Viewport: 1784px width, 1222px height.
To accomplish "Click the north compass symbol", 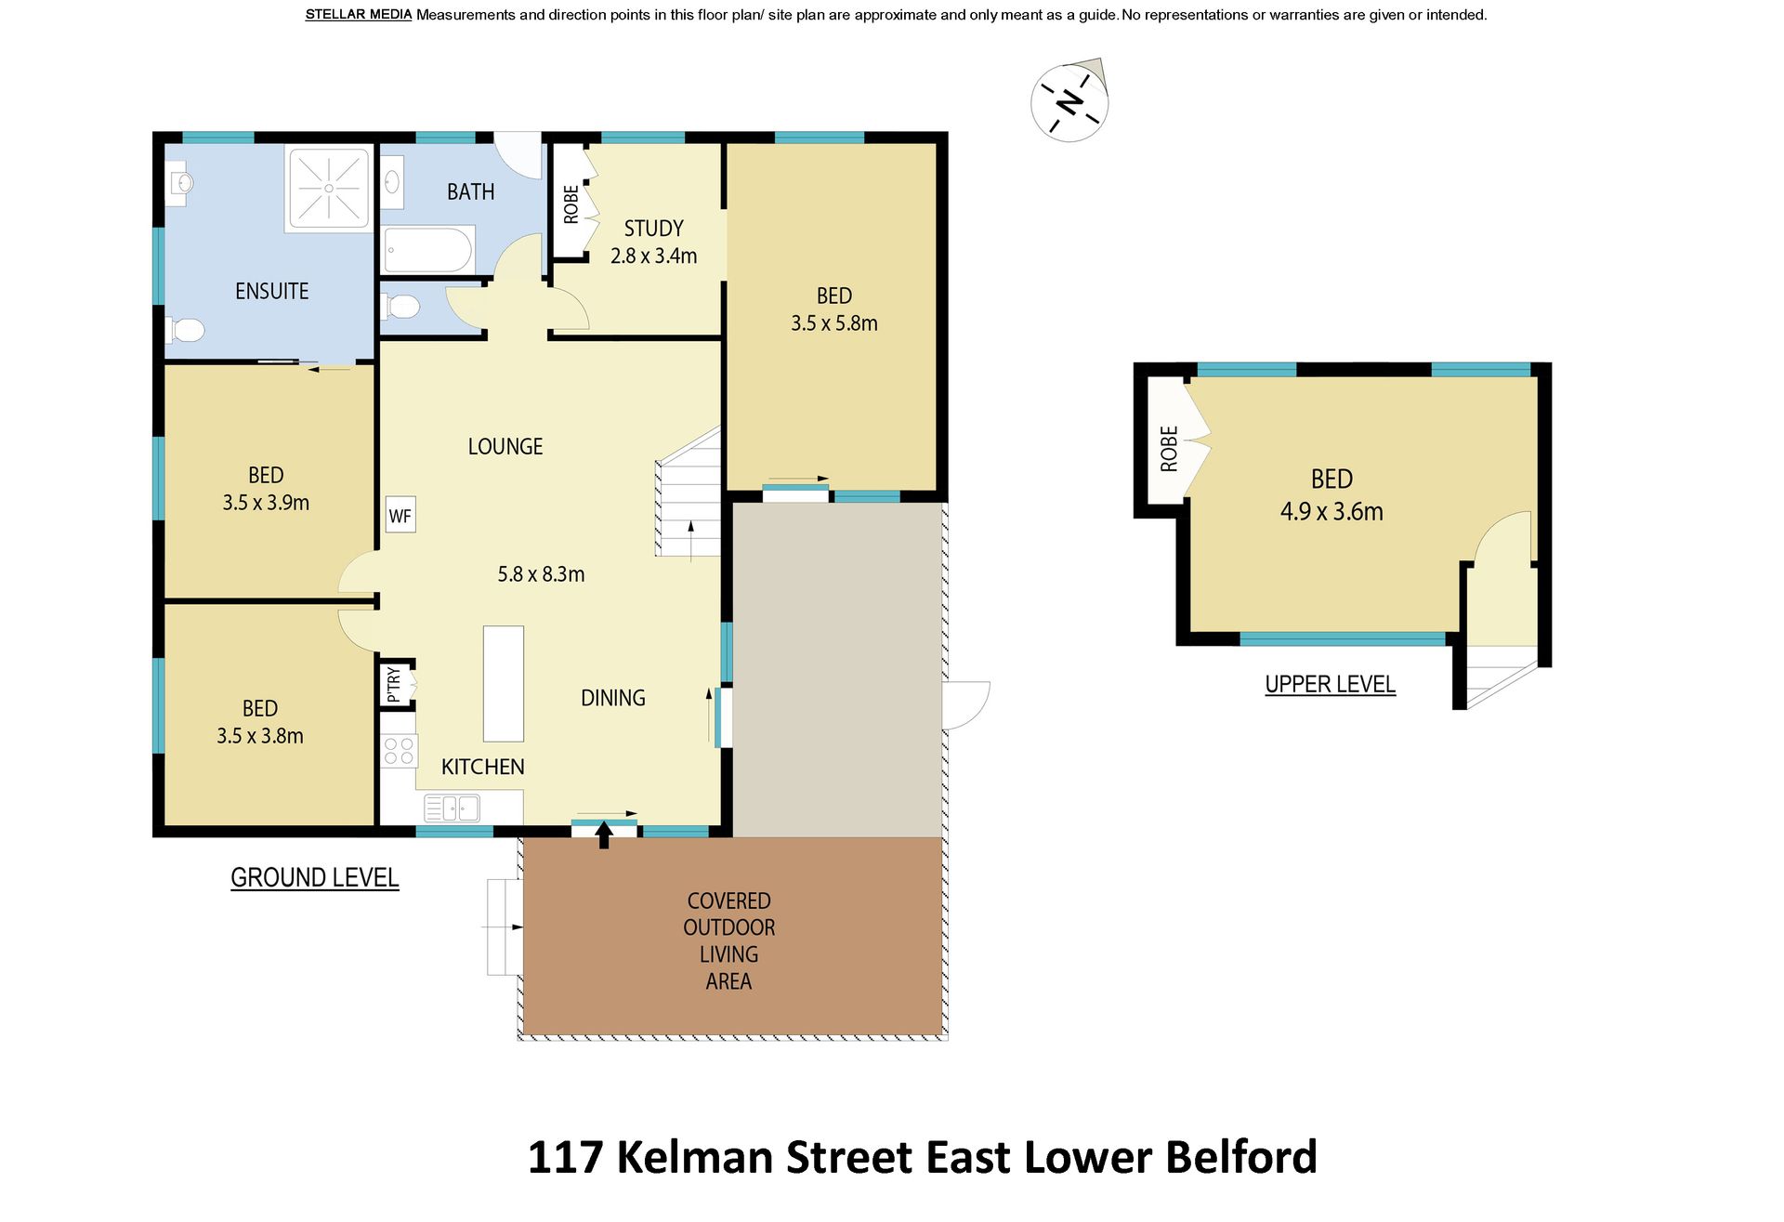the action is (x=1069, y=100).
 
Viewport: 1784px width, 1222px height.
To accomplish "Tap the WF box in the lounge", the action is (x=400, y=515).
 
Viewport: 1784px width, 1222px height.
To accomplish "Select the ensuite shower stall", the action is (x=330, y=189).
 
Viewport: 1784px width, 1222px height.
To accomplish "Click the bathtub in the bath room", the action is (x=429, y=250).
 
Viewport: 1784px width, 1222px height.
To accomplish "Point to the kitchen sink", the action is (x=452, y=808).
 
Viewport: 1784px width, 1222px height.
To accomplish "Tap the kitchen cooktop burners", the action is (x=399, y=751).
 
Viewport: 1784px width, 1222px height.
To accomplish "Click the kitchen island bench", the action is (x=504, y=683).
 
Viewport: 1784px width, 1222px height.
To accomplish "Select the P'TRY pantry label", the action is (x=394, y=685).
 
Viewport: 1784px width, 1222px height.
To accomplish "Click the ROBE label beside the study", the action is (x=571, y=204).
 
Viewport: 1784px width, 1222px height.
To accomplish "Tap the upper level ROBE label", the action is (x=1169, y=449).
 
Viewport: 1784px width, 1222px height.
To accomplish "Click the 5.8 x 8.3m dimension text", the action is (x=541, y=574).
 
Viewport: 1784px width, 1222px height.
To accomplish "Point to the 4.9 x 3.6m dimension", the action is (x=1331, y=511).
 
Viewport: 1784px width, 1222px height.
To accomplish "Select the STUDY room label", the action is (x=653, y=229).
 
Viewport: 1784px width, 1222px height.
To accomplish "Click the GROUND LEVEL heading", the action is (x=315, y=877).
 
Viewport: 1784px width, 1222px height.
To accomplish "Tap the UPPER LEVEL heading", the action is (x=1330, y=684).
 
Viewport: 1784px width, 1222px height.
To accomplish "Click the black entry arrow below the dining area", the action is (x=604, y=834).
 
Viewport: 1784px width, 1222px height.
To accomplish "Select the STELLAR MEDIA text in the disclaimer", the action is (x=359, y=15).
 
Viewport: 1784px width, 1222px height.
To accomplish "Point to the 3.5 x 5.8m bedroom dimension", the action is (x=834, y=323).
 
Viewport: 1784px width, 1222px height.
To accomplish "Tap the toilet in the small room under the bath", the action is (x=400, y=306).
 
